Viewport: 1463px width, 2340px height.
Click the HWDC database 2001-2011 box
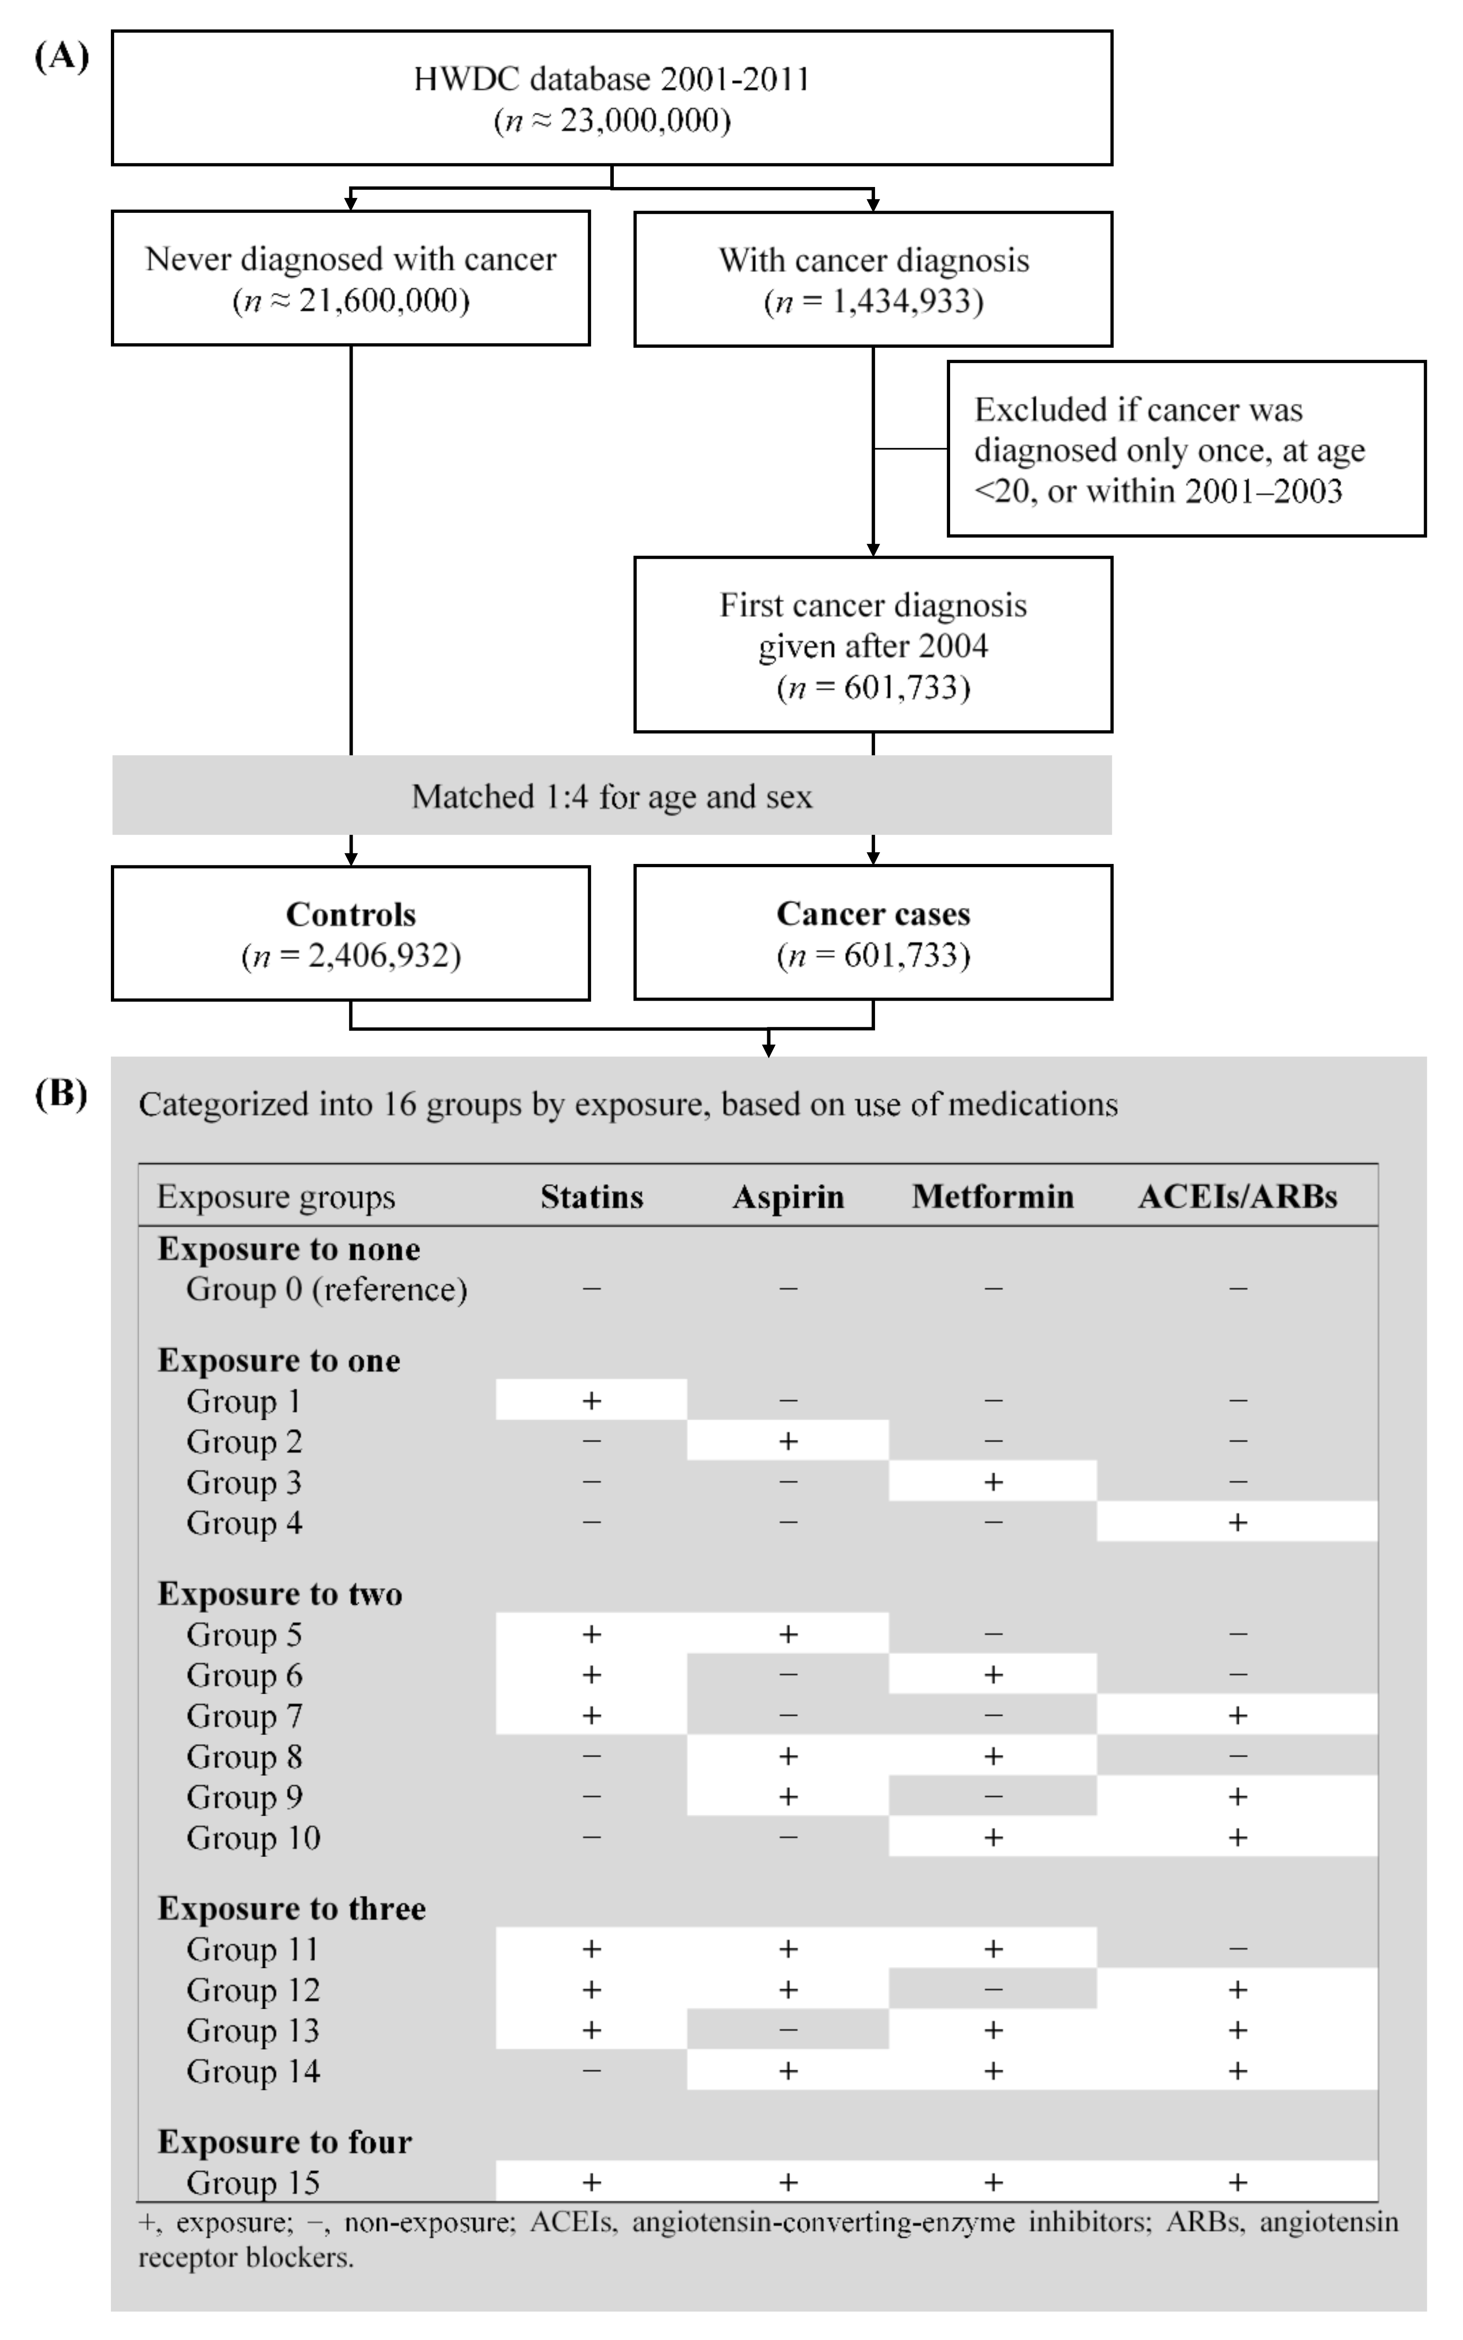coord(612,98)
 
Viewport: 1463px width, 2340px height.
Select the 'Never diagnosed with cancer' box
coord(350,279)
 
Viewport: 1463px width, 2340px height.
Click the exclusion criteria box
coord(1186,449)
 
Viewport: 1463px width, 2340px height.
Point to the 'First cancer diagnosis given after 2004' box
coord(873,644)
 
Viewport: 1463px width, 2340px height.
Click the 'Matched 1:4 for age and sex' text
coord(612,796)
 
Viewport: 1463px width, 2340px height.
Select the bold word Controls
coord(350,915)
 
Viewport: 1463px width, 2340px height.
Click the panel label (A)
coord(61,57)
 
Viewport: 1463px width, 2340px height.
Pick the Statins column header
coord(591,1197)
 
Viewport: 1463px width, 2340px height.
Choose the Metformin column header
coord(993,1197)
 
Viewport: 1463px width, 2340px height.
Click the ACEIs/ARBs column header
coord(1238,1197)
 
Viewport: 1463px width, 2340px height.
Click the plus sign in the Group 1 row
coord(591,1400)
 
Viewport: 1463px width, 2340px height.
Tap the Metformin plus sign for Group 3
coord(993,1482)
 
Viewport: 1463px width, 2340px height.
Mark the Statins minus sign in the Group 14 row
coord(591,2070)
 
